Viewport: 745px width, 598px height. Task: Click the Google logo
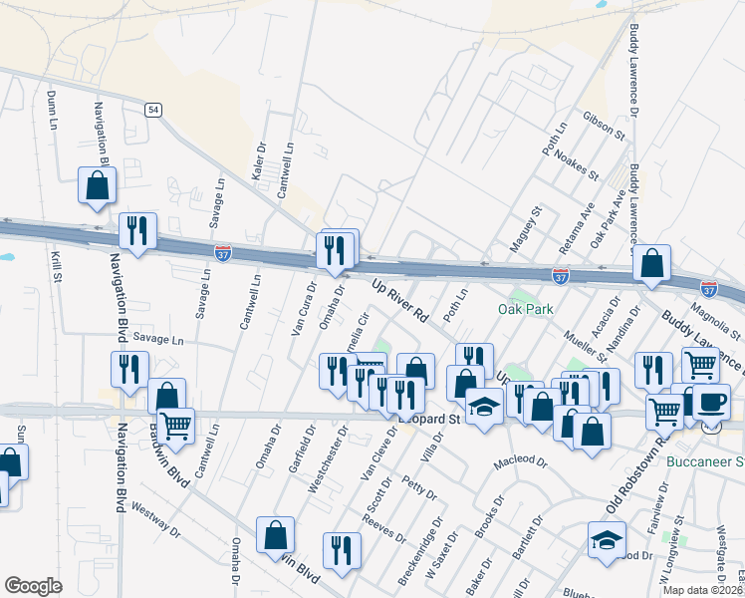tap(33, 586)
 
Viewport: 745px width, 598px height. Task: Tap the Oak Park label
tap(525, 310)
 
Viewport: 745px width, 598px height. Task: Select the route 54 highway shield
tap(152, 110)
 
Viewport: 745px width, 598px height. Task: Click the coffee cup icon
tap(710, 402)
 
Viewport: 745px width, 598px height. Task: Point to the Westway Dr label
tap(153, 516)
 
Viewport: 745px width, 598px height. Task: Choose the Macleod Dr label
tap(521, 463)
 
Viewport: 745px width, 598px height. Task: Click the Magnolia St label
tap(720, 320)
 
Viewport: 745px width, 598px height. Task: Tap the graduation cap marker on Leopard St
tap(484, 407)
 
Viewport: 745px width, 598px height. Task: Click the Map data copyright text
tap(702, 590)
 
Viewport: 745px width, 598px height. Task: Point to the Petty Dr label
tap(419, 488)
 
